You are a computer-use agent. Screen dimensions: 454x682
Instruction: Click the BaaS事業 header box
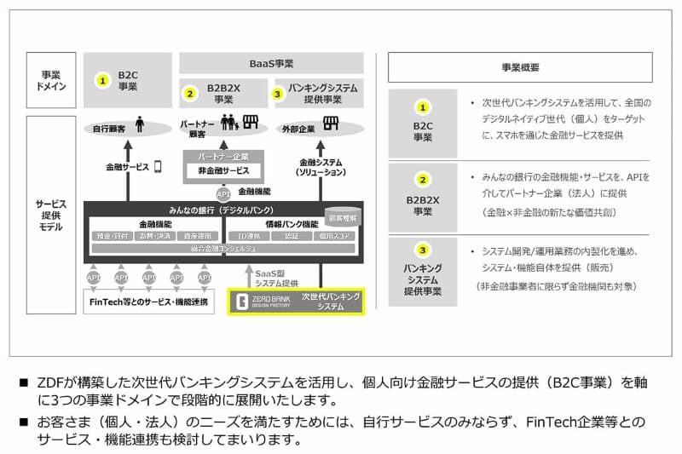(271, 63)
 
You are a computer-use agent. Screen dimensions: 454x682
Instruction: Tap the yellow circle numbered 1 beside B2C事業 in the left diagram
(102, 81)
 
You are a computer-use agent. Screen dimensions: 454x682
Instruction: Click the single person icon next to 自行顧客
(139, 128)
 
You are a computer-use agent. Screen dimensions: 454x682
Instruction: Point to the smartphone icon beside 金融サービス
(157, 167)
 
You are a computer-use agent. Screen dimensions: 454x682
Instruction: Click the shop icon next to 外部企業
(330, 124)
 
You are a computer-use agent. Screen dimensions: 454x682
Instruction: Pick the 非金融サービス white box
(223, 170)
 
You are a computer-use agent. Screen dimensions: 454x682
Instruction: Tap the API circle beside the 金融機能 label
(223, 193)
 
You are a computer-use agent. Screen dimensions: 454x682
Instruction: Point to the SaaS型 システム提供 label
(278, 277)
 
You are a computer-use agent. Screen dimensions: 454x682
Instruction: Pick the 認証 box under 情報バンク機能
(291, 236)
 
